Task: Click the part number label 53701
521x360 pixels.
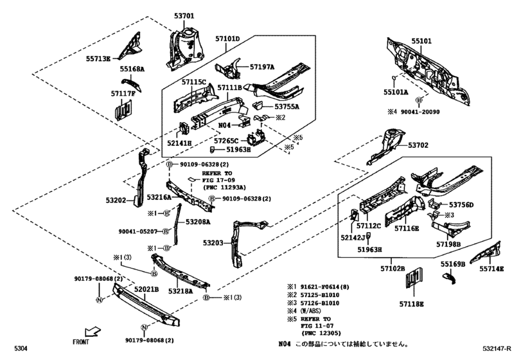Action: [184, 16]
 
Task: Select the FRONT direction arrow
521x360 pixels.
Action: [93, 332]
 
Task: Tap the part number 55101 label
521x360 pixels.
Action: [421, 41]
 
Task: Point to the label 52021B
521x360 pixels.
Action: [146, 289]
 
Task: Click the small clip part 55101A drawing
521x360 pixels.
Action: [394, 78]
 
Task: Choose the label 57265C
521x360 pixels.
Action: [226, 141]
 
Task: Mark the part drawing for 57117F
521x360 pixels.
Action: [123, 110]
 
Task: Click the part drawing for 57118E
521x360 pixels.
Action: [414, 278]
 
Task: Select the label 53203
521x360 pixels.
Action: [213, 243]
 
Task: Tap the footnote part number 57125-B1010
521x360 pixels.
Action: [320, 295]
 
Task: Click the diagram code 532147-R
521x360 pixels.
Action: [497, 348]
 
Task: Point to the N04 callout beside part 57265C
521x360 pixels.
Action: [224, 125]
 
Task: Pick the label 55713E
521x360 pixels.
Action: [98, 59]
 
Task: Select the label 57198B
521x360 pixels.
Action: [448, 244]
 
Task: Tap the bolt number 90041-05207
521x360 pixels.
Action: [138, 231]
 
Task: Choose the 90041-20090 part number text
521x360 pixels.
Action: [420, 112]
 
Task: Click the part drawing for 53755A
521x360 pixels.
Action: [258, 105]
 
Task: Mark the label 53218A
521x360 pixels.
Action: [181, 291]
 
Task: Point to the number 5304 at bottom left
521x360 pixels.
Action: [21, 348]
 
